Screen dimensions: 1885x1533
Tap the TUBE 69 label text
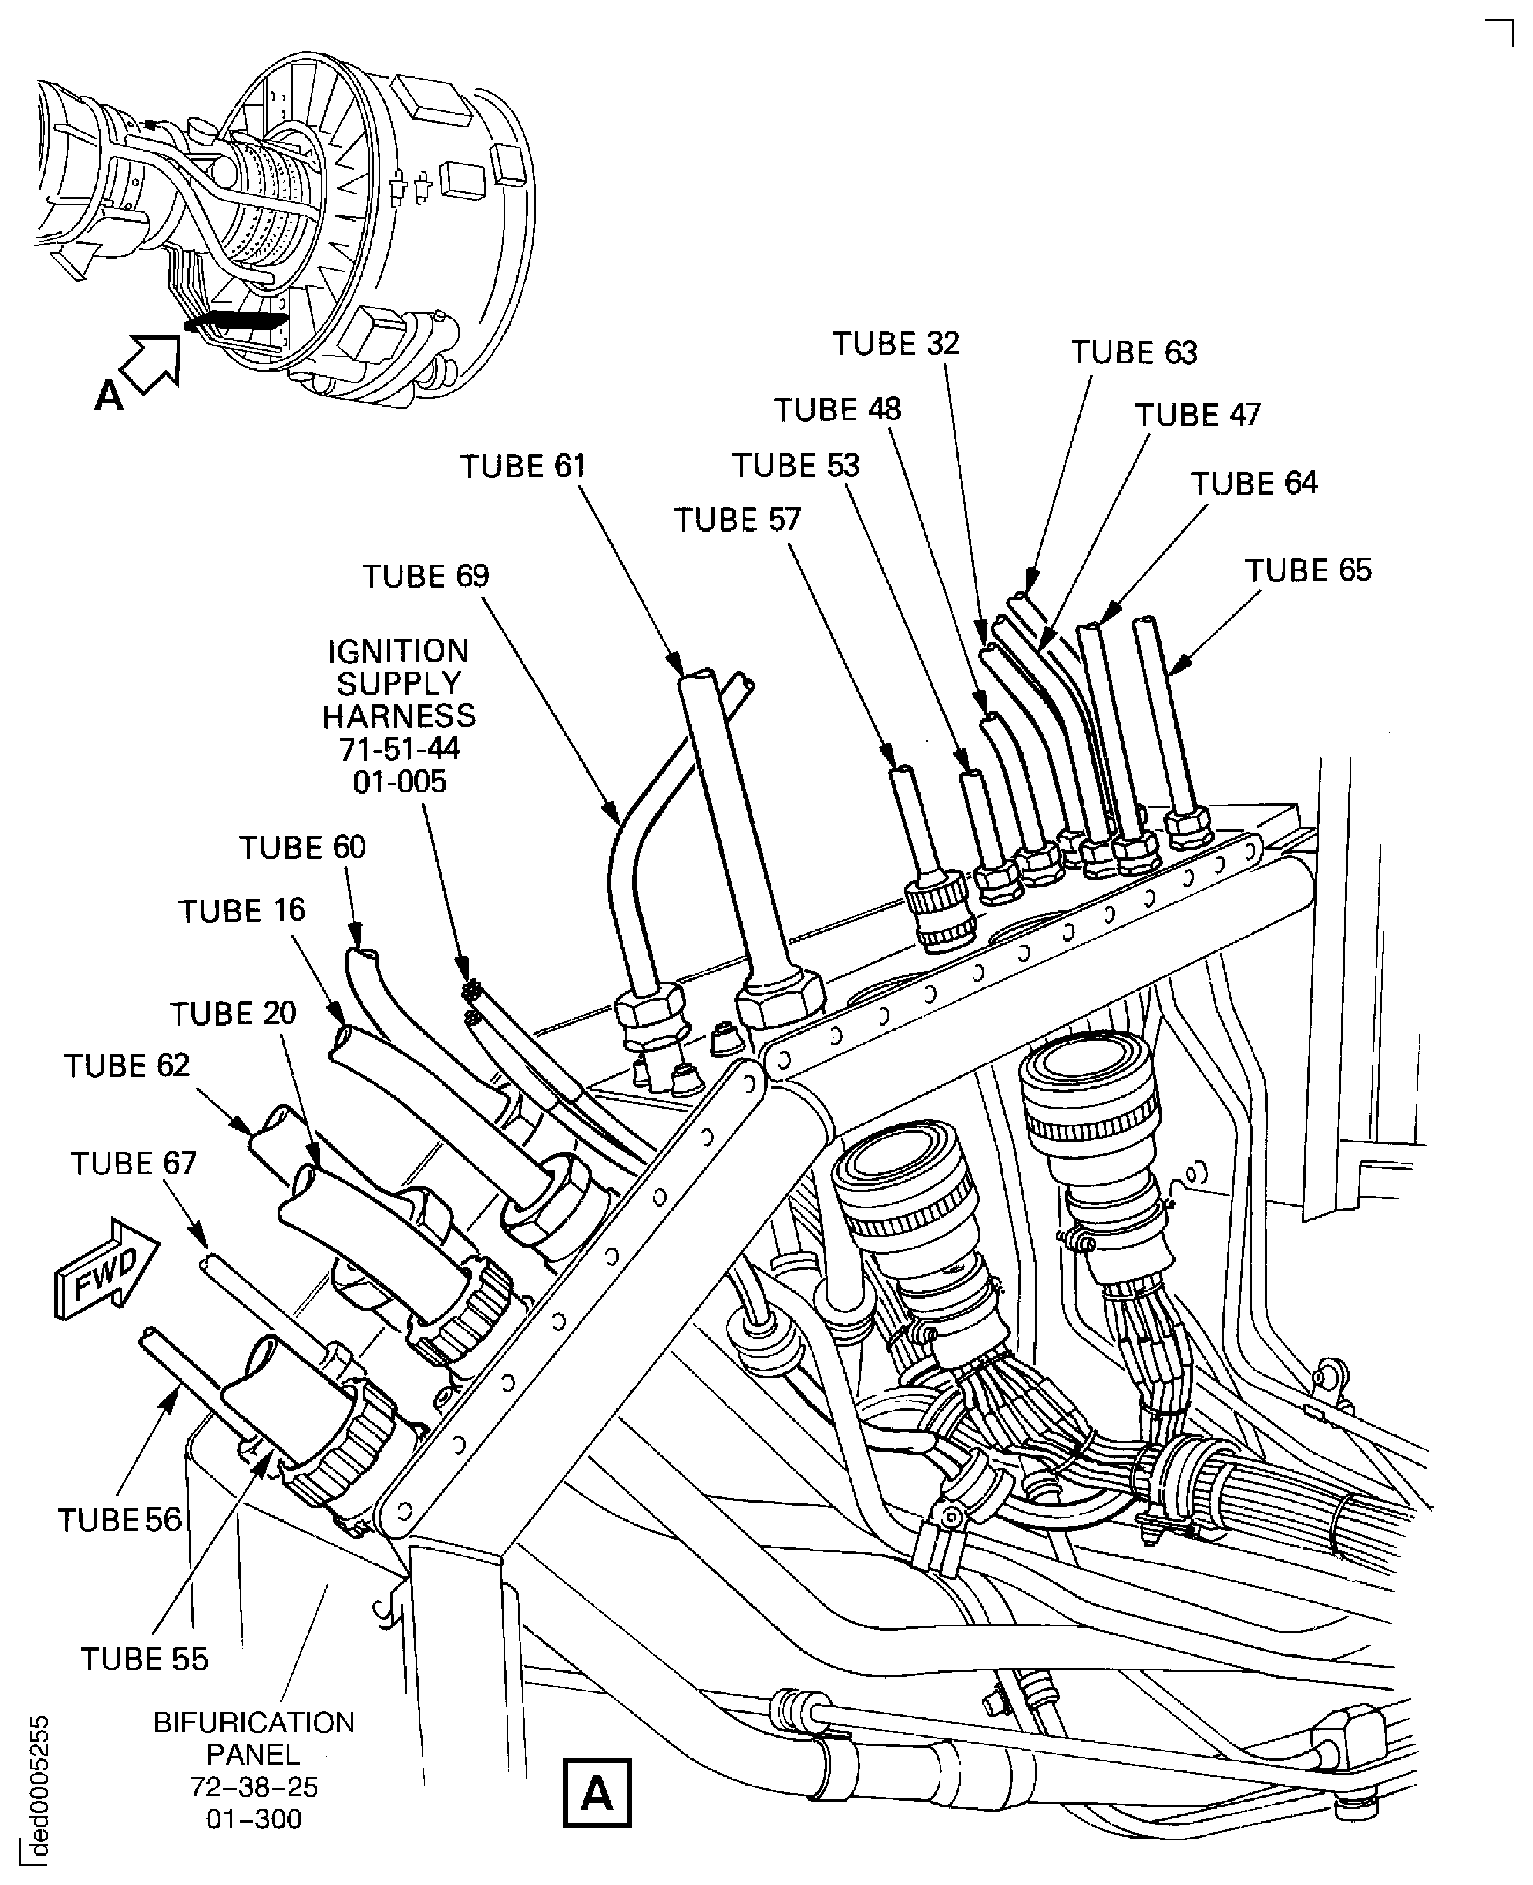[x=426, y=576]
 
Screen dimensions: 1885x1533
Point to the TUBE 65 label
[x=1308, y=571]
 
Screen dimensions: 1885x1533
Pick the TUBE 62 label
[x=126, y=1065]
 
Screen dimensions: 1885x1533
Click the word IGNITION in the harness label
[x=398, y=651]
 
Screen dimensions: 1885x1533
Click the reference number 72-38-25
[x=254, y=1787]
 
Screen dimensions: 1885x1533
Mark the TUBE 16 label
[x=242, y=911]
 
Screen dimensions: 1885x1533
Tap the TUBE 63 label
[x=1134, y=352]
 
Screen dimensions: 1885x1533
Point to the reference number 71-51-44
[x=399, y=749]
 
